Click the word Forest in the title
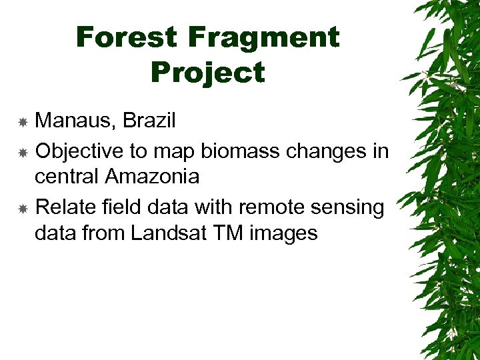click(127, 37)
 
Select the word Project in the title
click(207, 72)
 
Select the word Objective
click(79, 151)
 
